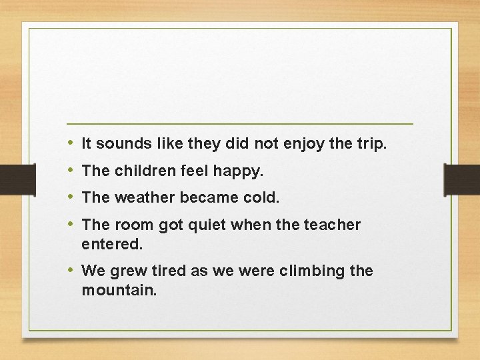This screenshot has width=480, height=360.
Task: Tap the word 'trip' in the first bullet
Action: pos(371,143)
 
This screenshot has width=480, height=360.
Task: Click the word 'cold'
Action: pos(265,198)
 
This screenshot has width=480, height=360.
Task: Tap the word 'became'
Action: pos(210,198)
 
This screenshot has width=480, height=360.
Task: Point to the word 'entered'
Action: pos(111,245)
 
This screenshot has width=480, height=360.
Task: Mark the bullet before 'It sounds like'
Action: pos(71,143)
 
